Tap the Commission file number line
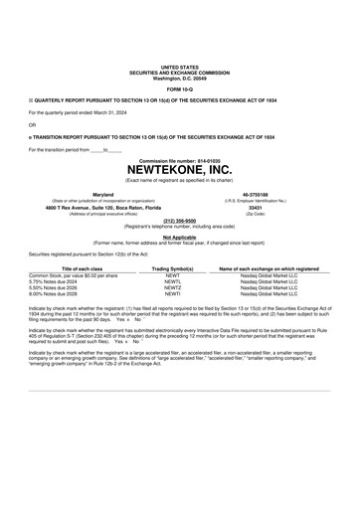click(179, 159)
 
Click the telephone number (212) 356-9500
click(179, 221)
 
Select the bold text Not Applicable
click(179, 237)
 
